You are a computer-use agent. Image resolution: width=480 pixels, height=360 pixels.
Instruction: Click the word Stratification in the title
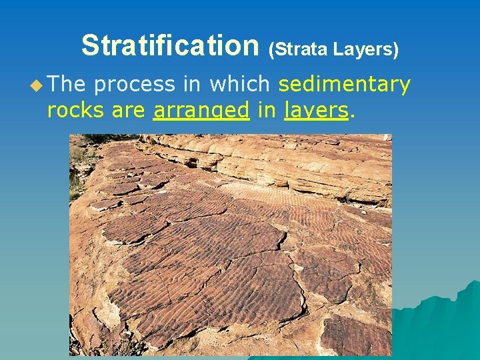pyautogui.click(x=169, y=46)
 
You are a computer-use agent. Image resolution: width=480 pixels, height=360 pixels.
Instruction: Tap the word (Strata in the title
pyautogui.click(x=298, y=49)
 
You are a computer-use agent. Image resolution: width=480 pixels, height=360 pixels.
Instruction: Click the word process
pyautogui.click(x=134, y=85)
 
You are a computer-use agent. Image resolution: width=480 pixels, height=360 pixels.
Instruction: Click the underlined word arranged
pyautogui.click(x=201, y=111)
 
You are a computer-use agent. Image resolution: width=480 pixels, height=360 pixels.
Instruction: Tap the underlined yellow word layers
pyautogui.click(x=316, y=111)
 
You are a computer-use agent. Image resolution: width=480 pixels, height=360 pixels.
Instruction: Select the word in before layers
pyautogui.click(x=267, y=109)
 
